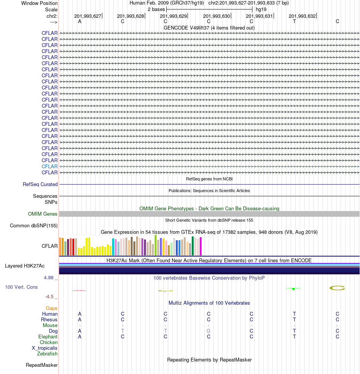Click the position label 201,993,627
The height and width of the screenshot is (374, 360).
coord(88,16)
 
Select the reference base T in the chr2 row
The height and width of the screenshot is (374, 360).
coord(294,21)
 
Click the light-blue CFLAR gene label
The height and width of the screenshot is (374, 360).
coord(50,166)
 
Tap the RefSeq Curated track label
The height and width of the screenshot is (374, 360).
coord(40,184)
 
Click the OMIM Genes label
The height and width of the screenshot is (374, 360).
coord(43,214)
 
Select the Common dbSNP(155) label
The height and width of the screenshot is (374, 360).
coord(34,226)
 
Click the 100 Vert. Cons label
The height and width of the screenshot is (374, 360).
coord(21,287)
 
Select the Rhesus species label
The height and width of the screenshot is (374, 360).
coord(49,319)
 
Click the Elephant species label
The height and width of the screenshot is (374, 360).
coord(48,336)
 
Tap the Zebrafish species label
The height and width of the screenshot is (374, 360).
coord(47,354)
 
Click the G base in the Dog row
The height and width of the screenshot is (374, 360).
coord(208,331)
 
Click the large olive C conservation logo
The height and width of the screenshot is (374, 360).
coord(337,288)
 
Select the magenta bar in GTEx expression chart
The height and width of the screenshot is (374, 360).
coord(201,246)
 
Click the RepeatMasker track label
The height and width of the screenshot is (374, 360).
coord(42,365)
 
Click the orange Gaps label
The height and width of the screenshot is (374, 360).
coord(52,308)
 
